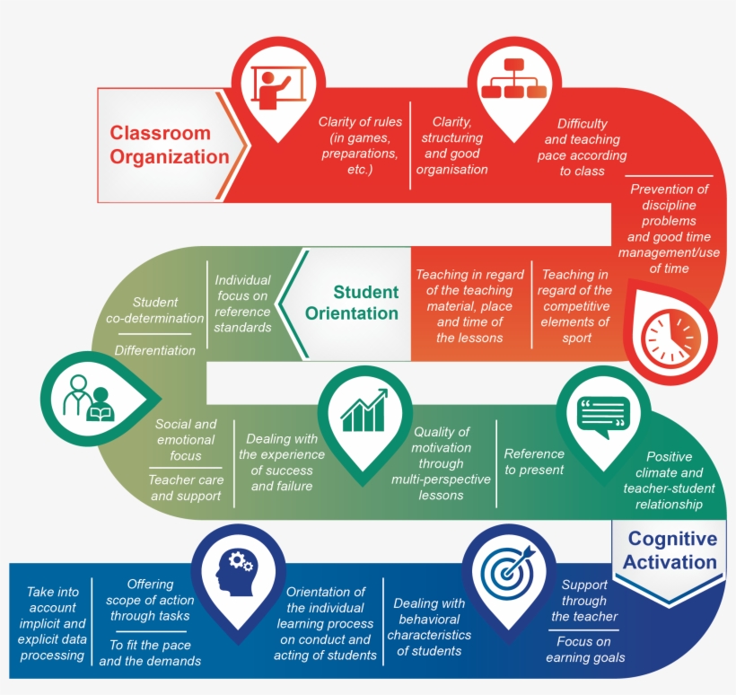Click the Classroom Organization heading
(170, 145)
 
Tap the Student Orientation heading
(352, 303)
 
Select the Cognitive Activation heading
(672, 550)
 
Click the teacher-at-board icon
(275, 88)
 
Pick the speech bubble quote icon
(604, 415)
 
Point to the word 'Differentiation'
(154, 350)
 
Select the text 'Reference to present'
(534, 462)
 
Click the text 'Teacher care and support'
(186, 488)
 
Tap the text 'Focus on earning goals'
(584, 649)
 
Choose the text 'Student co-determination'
(155, 310)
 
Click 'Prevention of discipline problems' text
(669, 213)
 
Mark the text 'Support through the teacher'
(584, 601)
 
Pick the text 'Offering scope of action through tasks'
(150, 599)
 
